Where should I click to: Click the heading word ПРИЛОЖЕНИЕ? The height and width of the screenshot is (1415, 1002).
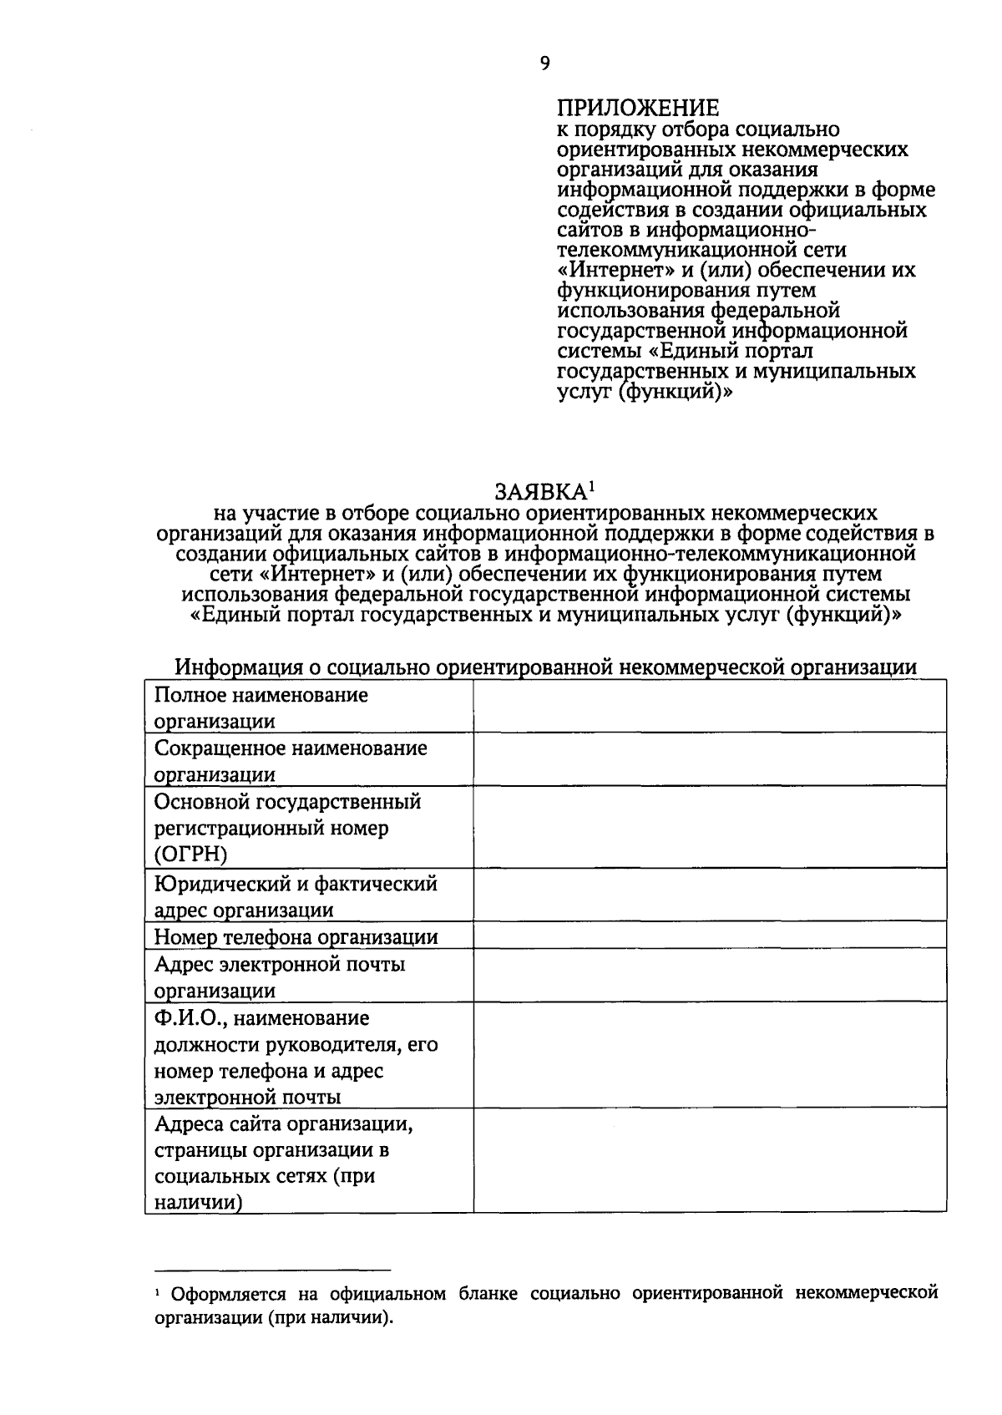pos(637,109)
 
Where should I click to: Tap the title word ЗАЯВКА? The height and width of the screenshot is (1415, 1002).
pos(539,490)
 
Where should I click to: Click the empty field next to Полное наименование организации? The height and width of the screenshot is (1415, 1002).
pos(710,707)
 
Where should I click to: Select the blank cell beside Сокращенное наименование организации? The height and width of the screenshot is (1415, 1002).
pos(710,759)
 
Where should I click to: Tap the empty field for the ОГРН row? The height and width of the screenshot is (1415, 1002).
pos(710,828)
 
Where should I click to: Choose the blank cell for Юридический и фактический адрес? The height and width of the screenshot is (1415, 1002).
pos(710,895)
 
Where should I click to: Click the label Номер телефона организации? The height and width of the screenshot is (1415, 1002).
pos(296,936)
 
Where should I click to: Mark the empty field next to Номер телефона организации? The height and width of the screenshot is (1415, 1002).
pos(710,936)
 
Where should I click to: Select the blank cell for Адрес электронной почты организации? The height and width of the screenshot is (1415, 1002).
pos(710,976)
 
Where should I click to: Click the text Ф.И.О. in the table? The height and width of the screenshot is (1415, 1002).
pos(185,1018)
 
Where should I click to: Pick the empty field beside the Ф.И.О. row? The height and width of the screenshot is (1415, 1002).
pos(710,1055)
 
